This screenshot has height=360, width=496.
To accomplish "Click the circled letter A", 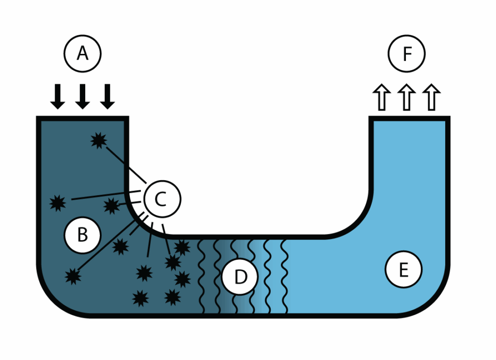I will pos(83,53).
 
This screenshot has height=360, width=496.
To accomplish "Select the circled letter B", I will pos(82,235).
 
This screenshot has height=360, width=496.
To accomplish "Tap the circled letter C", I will pos(162,199).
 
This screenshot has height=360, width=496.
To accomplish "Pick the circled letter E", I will pos(403,270).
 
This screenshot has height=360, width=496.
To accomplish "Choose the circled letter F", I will pos(407,53).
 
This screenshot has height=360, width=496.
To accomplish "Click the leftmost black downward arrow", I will pos(58,96).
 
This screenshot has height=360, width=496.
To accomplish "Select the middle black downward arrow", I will pos(82,96).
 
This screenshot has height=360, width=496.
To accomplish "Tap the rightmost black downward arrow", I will pos(108,96).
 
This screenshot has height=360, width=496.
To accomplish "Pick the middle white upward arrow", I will pos(407,96).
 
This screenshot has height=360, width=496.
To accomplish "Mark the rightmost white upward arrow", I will pos(432,96).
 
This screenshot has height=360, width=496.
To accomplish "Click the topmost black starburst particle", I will pos(99,141).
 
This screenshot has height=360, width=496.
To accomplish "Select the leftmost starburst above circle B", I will pos(58,203).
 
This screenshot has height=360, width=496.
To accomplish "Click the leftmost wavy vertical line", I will pos(202,276).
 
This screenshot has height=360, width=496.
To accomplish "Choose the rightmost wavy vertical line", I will pos(285,276).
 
